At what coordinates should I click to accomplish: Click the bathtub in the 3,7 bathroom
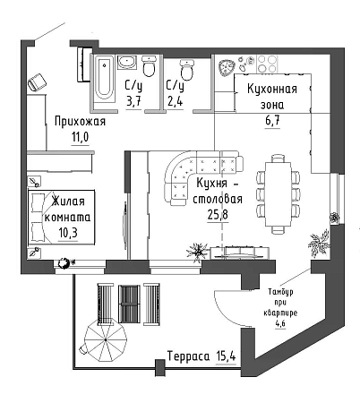104,79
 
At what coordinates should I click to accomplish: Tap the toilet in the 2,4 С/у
187,70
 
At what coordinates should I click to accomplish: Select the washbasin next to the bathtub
127,62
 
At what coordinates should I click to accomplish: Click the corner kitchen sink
227,67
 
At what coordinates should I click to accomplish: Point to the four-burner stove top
267,64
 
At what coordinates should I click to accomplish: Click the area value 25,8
218,214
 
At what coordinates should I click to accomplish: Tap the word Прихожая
80,122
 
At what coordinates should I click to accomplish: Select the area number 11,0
80,138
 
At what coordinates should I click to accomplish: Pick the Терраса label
188,356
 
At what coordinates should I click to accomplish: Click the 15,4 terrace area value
226,356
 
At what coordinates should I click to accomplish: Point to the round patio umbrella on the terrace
106,340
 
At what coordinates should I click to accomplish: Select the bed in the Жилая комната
61,218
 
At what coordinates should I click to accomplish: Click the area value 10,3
68,233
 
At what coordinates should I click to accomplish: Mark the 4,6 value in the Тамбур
280,323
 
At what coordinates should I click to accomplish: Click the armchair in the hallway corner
37,81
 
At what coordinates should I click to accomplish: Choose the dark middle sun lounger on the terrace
129,304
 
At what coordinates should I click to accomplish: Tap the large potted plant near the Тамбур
319,244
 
